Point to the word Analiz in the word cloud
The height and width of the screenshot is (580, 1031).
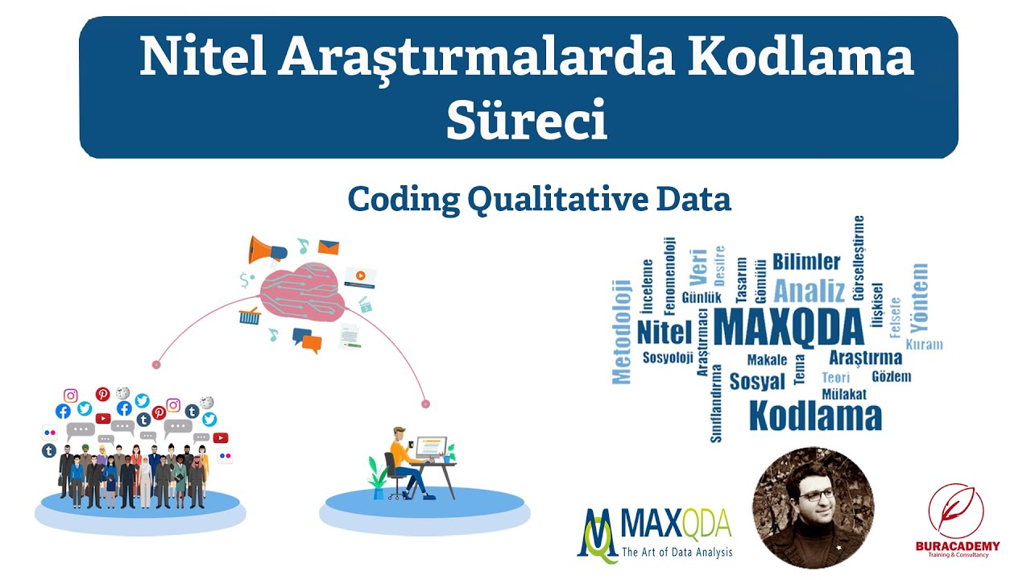point(809,290)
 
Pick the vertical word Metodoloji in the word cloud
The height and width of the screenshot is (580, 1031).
point(621,330)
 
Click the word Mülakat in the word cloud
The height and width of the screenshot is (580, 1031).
point(844,394)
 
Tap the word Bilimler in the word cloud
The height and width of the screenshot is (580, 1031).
point(806,262)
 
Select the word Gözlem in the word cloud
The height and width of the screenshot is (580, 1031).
point(892,376)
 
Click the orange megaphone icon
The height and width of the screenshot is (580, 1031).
point(267,249)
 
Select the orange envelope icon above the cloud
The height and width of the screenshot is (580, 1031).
point(328,247)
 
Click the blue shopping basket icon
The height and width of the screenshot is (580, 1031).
point(249,316)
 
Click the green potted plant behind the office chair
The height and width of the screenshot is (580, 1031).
point(376,474)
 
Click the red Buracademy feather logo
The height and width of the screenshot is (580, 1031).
point(955,511)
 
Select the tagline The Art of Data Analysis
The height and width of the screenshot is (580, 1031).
point(677,553)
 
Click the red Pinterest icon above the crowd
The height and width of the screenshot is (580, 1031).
point(102,394)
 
